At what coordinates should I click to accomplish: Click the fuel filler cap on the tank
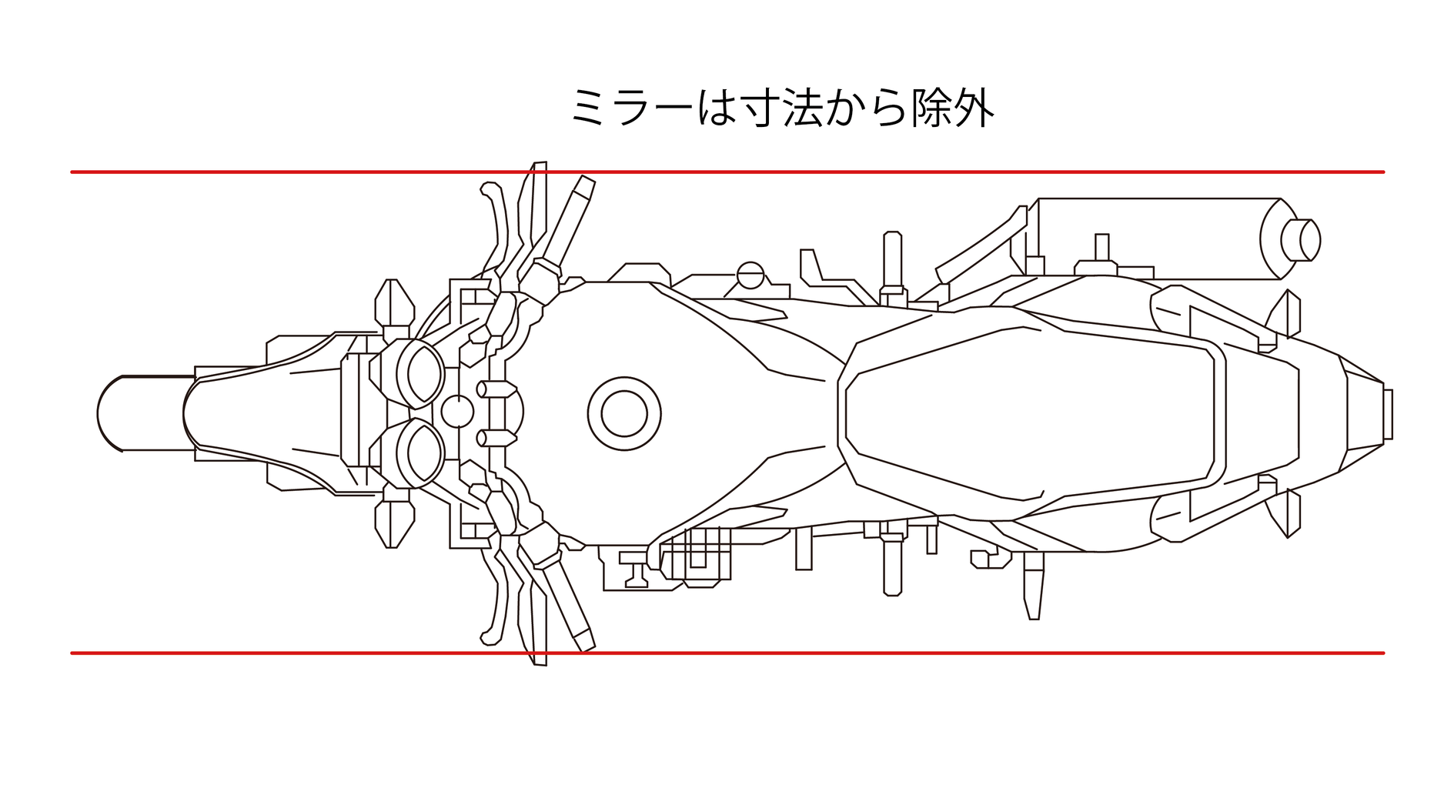(623, 413)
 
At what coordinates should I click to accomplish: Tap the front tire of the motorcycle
(142, 413)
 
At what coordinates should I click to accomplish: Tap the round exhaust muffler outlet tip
(1301, 240)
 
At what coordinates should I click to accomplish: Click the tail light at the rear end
(1387, 414)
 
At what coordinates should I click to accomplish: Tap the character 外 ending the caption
(973, 108)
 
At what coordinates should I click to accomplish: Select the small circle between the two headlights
(456, 411)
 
